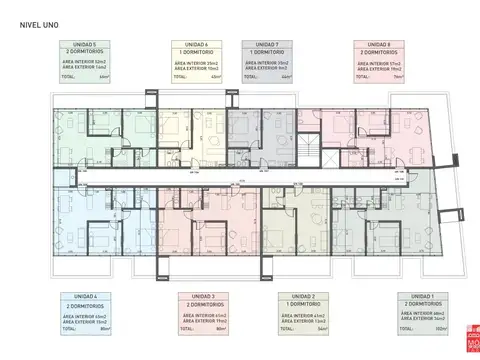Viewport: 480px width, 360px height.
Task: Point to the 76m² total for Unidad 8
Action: [x=399, y=77]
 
